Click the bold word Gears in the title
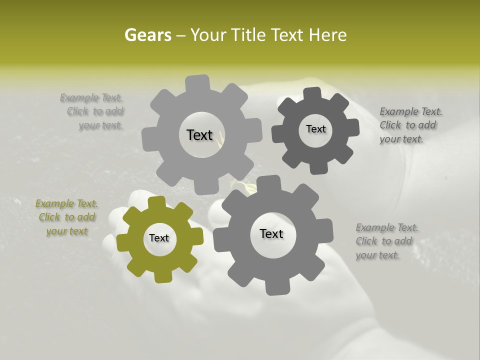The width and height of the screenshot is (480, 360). coord(147,35)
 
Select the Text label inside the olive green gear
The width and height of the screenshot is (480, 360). coord(159,238)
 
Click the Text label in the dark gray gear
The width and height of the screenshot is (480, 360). coord(315,129)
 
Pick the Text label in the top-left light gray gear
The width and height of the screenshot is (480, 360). coord(199,135)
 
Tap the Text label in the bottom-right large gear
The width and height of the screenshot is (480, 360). coord(271,234)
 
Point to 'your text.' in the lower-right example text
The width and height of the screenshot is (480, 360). coord(377,255)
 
